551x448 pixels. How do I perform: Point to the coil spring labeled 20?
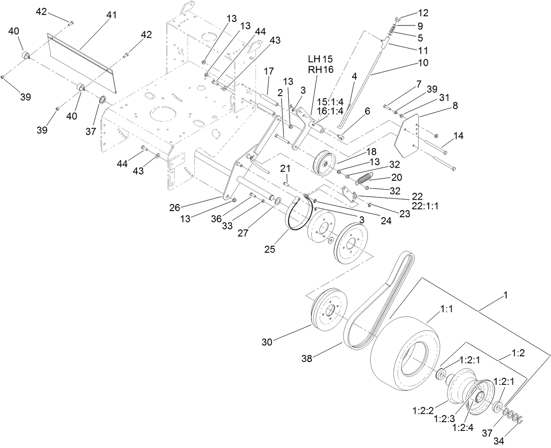pos(364,178)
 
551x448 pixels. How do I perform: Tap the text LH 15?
pos(321,58)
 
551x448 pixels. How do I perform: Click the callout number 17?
pos(268,71)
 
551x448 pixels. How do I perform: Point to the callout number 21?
pos(285,169)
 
